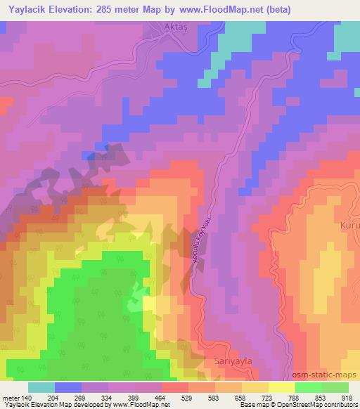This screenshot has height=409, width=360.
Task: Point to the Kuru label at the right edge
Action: click(x=349, y=225)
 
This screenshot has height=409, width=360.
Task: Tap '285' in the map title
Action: click(x=112, y=8)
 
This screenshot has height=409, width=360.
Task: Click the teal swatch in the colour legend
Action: click(x=41, y=387)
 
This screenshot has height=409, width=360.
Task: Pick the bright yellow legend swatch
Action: click(x=282, y=387)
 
